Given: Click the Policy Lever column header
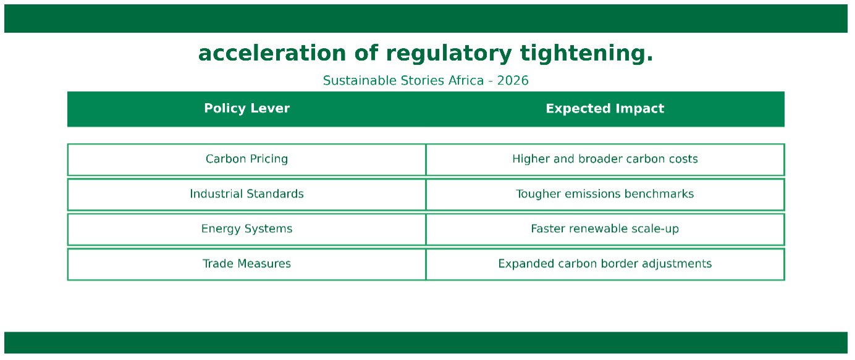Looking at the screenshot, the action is [x=246, y=109].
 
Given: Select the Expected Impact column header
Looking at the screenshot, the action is [x=605, y=109].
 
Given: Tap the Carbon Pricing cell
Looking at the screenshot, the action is [x=246, y=160].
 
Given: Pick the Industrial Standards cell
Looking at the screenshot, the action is [x=246, y=195].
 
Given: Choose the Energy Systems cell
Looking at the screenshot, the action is [x=246, y=230].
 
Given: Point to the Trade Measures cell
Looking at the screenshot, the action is [x=246, y=264].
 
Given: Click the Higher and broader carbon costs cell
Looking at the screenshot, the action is [x=605, y=160].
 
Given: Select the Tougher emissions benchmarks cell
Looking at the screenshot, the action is [x=605, y=195].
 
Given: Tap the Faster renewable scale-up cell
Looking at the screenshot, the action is [x=605, y=230].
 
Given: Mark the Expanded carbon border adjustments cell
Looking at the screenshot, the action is [x=605, y=264].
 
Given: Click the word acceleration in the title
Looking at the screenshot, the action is [x=272, y=53].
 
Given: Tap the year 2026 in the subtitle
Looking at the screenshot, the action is [x=513, y=80].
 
